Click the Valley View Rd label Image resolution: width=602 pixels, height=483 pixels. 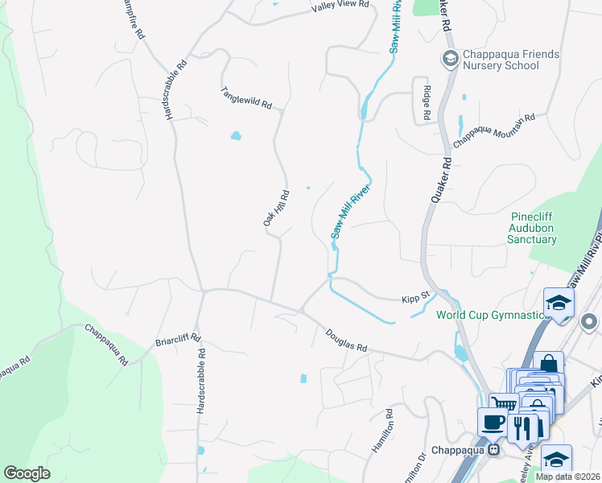[x=340, y=5]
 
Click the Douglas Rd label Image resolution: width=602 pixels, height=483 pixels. [x=347, y=341]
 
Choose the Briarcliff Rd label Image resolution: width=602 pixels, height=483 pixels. [x=178, y=341]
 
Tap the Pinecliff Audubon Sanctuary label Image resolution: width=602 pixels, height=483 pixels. [x=534, y=228]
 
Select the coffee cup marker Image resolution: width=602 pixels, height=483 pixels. [x=493, y=421]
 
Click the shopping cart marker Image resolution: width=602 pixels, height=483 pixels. [x=504, y=404]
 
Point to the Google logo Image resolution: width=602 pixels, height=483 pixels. [x=27, y=473]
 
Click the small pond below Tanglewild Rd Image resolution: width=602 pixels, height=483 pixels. [x=235, y=135]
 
